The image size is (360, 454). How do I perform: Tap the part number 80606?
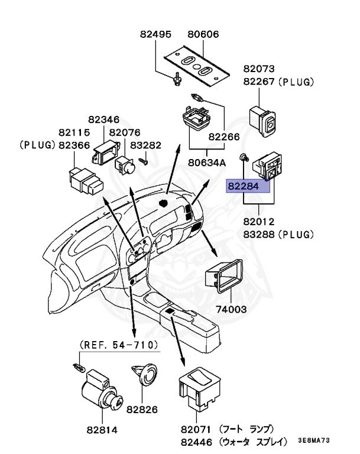203,34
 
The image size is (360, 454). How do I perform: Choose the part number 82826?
142,408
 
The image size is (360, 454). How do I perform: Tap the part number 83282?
145,145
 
